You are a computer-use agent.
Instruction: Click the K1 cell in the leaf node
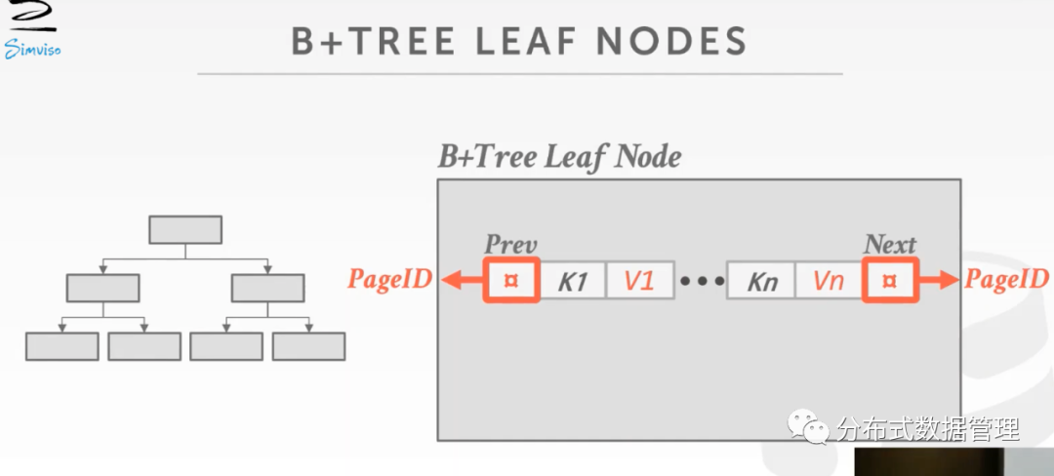pos(573,282)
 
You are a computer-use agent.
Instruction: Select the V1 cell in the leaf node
pos(639,282)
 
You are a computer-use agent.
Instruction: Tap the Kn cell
pos(761,282)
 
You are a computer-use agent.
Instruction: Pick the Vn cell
pos(828,282)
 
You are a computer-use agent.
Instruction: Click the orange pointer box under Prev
pos(511,281)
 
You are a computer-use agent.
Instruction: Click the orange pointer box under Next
pos(889,281)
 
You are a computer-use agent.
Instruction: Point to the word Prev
pos(511,245)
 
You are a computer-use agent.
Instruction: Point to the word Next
pos(890,245)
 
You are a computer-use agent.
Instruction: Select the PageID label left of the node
pos(390,281)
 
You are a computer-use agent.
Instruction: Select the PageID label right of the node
pos(1006,281)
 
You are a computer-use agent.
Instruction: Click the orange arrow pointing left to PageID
pos(461,281)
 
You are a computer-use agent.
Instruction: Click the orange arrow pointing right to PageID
pos(939,281)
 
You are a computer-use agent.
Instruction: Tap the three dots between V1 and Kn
pos(702,282)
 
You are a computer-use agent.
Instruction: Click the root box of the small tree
pos(184,230)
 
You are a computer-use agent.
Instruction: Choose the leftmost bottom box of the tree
pos(61,346)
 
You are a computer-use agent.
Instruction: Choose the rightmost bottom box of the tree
pos(308,346)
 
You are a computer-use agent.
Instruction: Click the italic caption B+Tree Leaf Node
pos(559,156)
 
